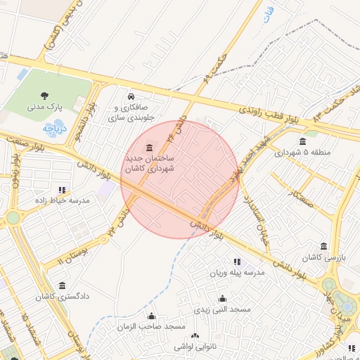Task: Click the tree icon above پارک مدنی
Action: pos(46,95)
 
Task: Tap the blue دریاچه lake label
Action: pos(53,129)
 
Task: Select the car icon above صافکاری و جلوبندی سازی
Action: pos(131,96)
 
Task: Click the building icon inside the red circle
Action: pos(149,147)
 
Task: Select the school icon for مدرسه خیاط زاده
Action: pos(63,189)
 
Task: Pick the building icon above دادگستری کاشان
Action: pos(63,285)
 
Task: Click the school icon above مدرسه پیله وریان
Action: pos(236,262)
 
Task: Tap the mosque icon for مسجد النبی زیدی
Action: pos(223,298)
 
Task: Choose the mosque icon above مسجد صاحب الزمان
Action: pos(151,316)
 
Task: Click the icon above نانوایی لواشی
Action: pos(195,336)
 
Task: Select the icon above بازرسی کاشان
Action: pos(323,247)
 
